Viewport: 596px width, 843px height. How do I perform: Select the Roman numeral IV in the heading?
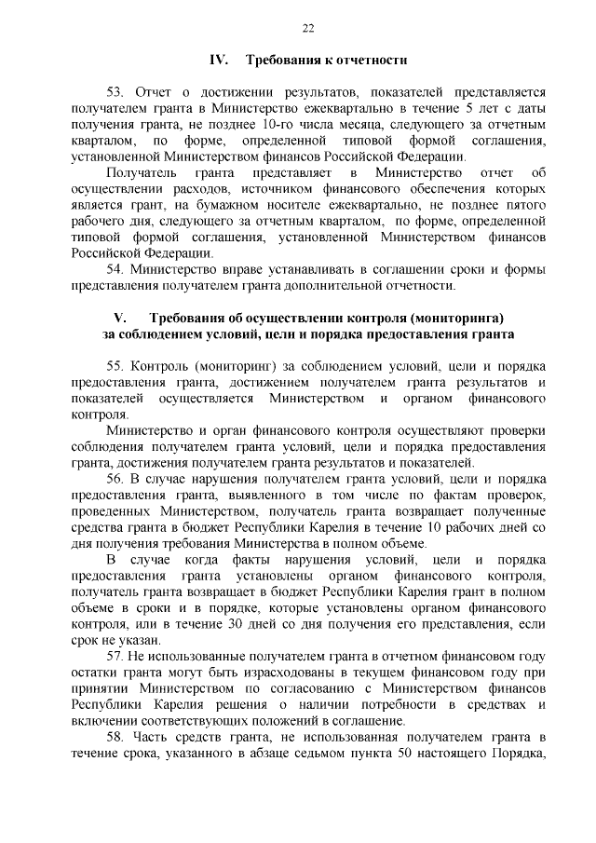point(219,61)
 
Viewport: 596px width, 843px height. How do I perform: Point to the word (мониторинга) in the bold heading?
point(454,317)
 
